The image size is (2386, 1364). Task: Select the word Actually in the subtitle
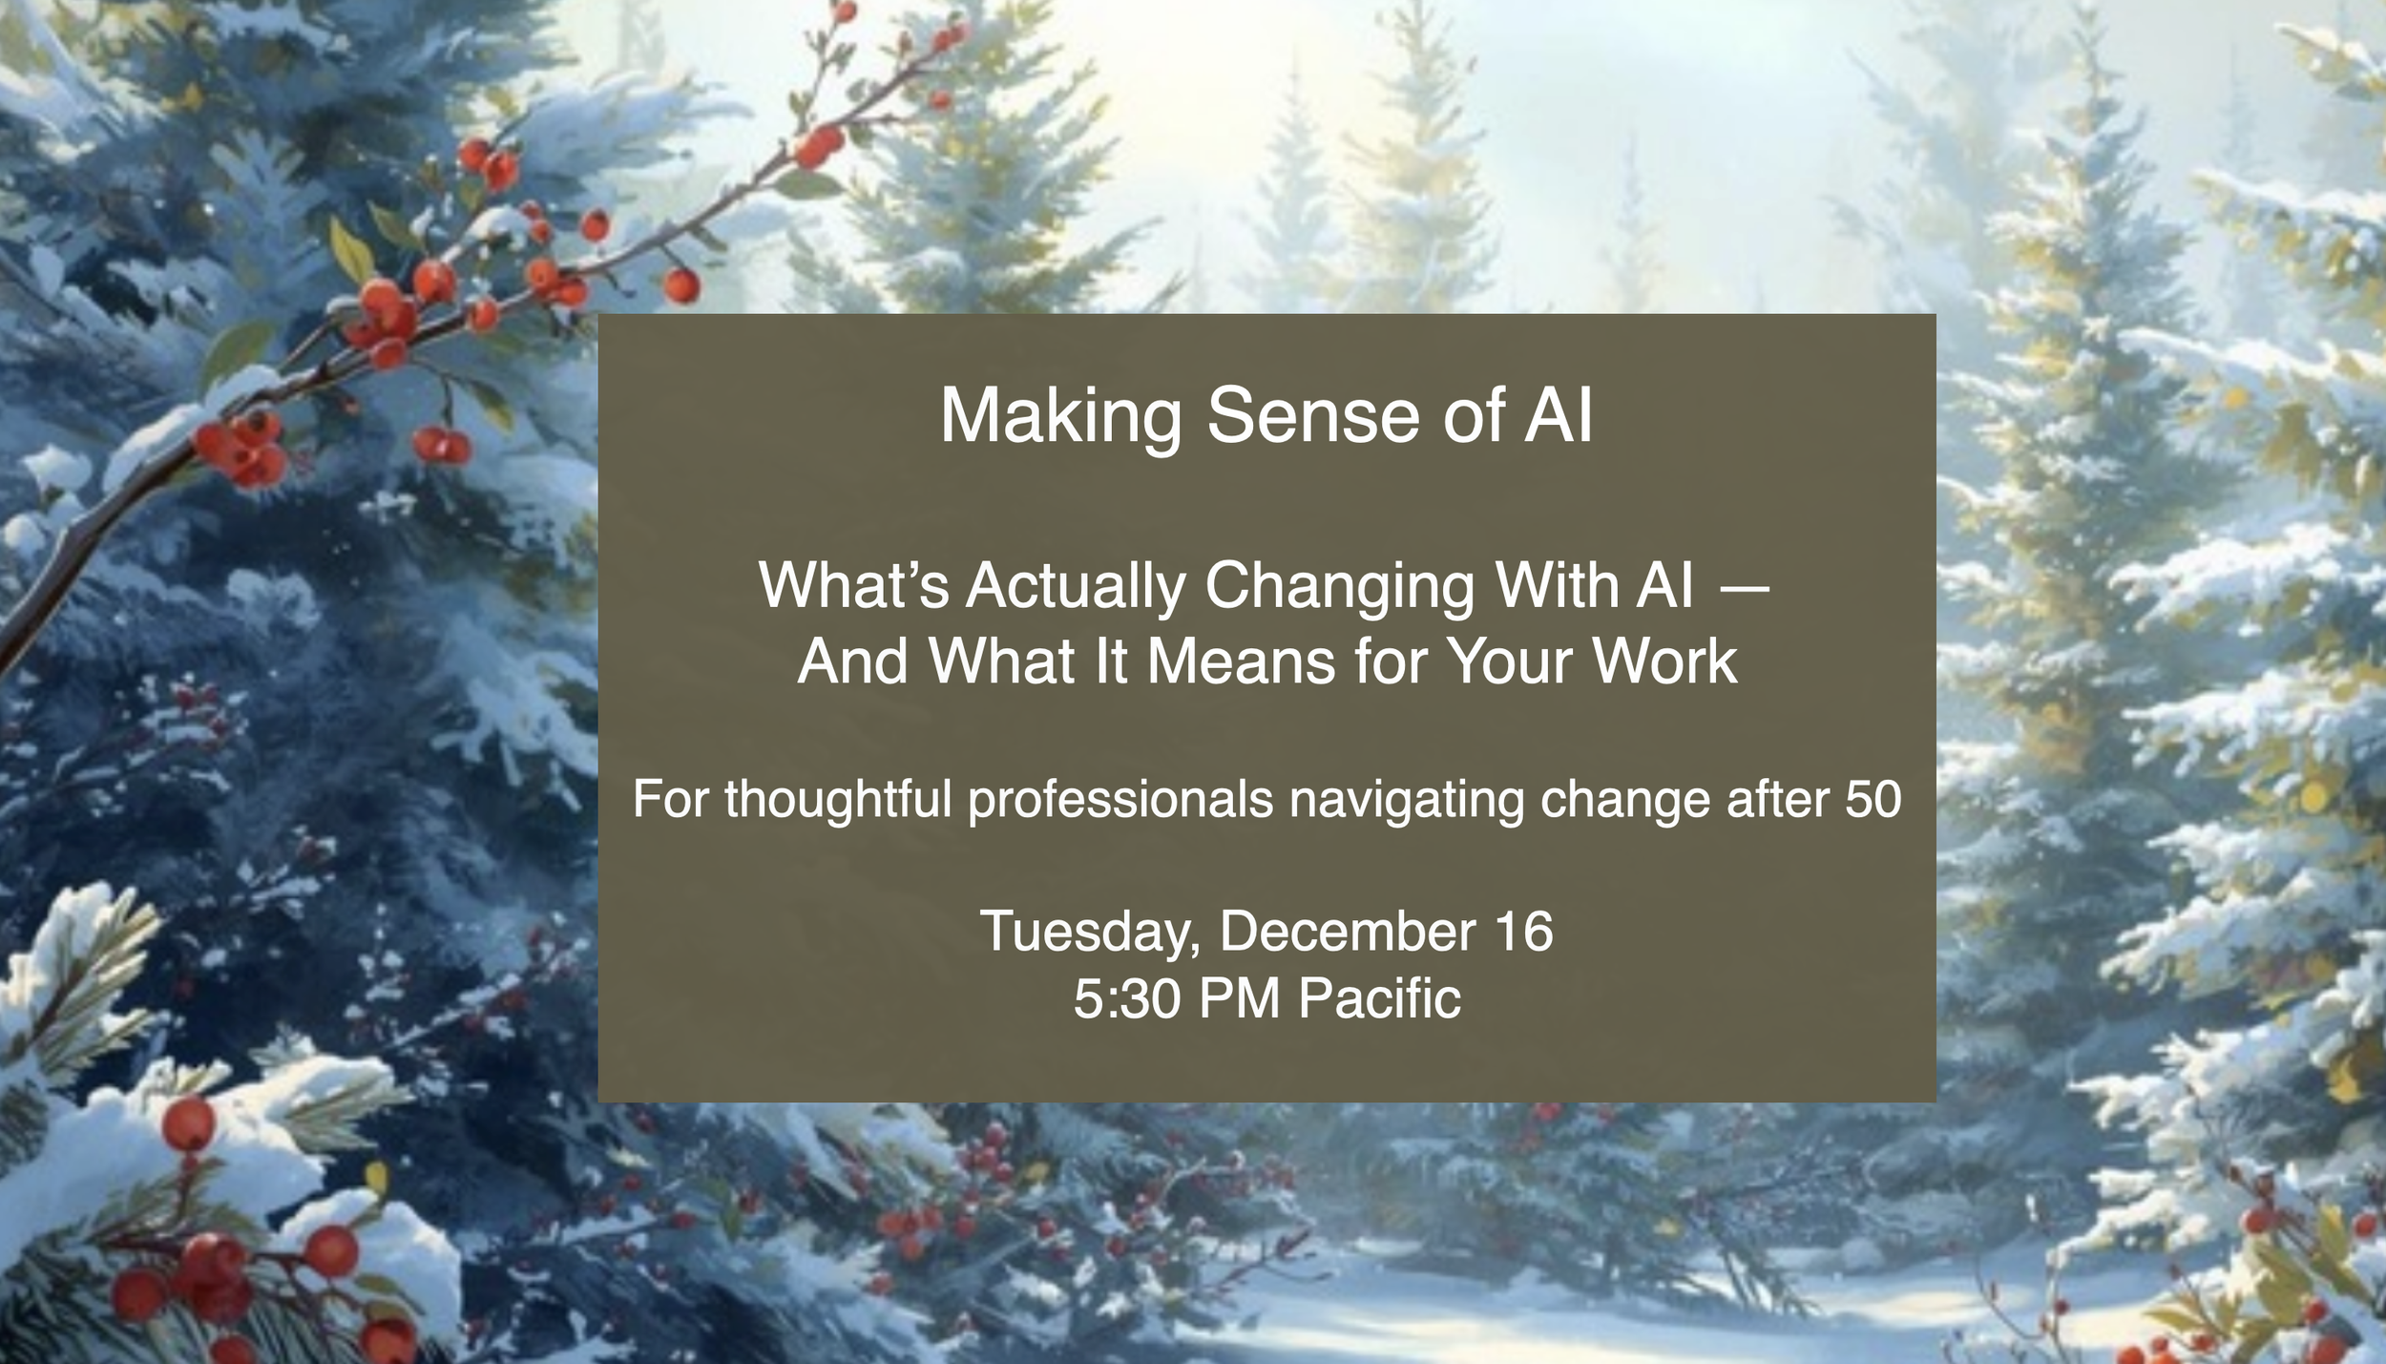[1077, 586]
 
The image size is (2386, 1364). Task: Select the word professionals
[1120, 800]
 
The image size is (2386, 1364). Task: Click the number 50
[1873, 800]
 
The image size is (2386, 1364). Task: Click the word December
[1348, 931]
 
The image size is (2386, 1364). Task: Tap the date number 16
[1524, 931]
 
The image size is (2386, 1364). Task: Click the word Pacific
[1379, 999]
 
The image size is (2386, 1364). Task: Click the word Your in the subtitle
[1510, 661]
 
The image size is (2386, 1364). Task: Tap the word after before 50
[1779, 800]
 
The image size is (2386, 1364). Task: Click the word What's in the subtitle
[853, 586]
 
